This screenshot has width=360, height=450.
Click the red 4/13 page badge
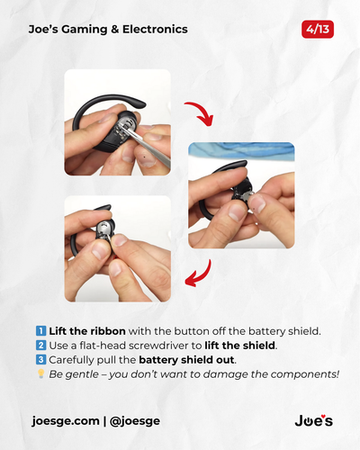[318, 30]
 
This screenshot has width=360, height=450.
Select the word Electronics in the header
[155, 29]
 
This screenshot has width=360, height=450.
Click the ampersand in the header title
[115, 30]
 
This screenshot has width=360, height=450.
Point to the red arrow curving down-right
[202, 111]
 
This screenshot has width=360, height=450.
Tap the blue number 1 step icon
[41, 331]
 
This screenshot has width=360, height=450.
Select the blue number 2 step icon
[41, 346]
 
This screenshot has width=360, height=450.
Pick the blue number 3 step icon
[41, 359]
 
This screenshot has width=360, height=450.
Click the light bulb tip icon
[41, 373]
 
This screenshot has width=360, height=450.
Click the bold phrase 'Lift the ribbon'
[87, 331]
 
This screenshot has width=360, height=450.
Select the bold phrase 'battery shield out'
[186, 360]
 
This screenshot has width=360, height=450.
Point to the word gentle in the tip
[81, 374]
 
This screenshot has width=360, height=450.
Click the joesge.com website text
[66, 421]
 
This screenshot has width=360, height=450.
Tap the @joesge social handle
[135, 421]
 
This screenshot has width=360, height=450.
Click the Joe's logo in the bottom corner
[314, 420]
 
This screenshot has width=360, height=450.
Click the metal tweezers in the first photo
[149, 148]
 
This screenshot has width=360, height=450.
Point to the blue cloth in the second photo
[242, 149]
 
